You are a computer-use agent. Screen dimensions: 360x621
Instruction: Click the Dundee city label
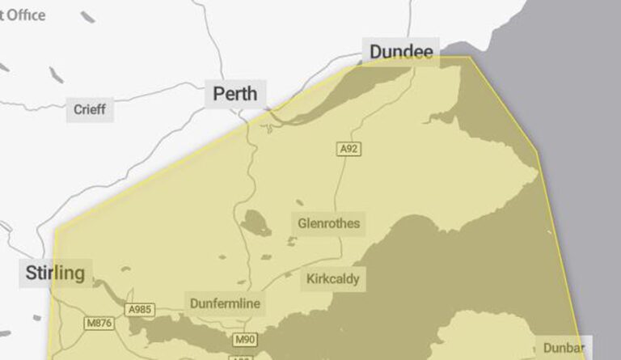tap(401, 53)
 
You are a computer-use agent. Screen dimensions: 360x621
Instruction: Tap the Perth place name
tap(235, 94)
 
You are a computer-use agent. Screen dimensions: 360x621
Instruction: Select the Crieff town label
tap(89, 109)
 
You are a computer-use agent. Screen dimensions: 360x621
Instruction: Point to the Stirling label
tap(55, 273)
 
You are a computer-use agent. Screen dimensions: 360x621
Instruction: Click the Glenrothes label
tap(328, 223)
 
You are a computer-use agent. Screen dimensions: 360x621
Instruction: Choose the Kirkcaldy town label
tap(333, 280)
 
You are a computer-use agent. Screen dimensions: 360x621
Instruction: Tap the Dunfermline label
tap(226, 303)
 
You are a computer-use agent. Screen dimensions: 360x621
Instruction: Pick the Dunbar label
tap(564, 348)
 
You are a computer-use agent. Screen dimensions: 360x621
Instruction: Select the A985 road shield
tap(139, 310)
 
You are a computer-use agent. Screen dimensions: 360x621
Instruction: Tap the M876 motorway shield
tap(98, 324)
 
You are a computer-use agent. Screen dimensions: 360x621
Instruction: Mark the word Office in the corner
tap(27, 15)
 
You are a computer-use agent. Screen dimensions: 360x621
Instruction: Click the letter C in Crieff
tap(78, 109)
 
